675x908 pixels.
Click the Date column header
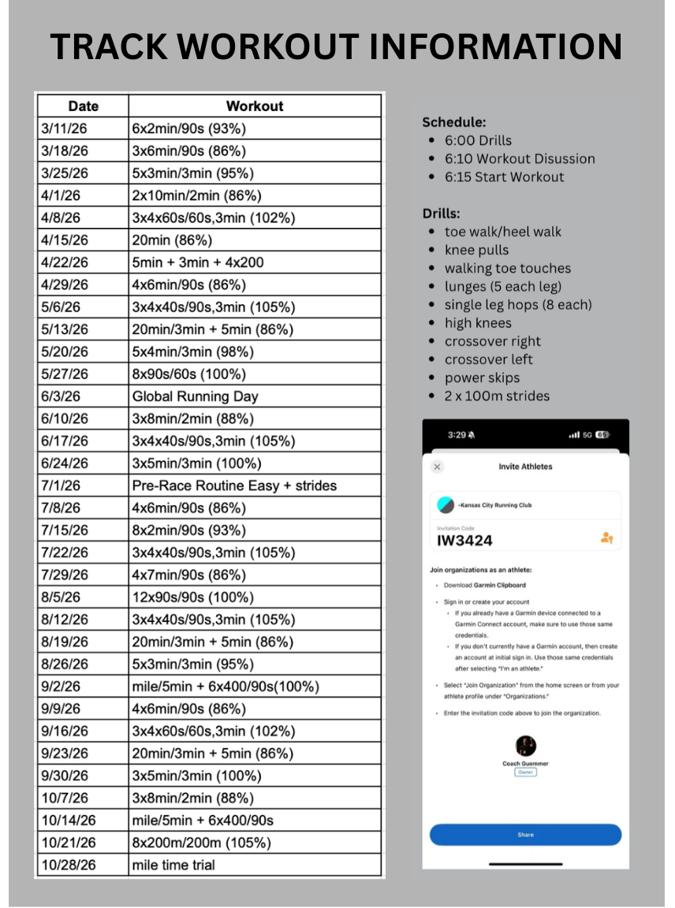83,106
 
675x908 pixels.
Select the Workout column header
255,106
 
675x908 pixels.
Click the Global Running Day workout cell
195,396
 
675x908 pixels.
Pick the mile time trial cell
173,865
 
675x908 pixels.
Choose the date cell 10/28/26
69,865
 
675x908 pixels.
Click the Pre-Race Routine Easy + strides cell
234,486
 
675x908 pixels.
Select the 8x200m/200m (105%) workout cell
201,843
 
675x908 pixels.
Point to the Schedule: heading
453,122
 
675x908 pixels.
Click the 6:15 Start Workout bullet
504,177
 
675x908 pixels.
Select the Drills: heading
442,214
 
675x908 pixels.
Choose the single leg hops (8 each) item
517,305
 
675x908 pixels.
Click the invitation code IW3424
464,541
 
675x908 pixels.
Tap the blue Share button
525,835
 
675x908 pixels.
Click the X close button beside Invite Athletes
438,467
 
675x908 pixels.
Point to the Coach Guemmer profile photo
526,746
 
